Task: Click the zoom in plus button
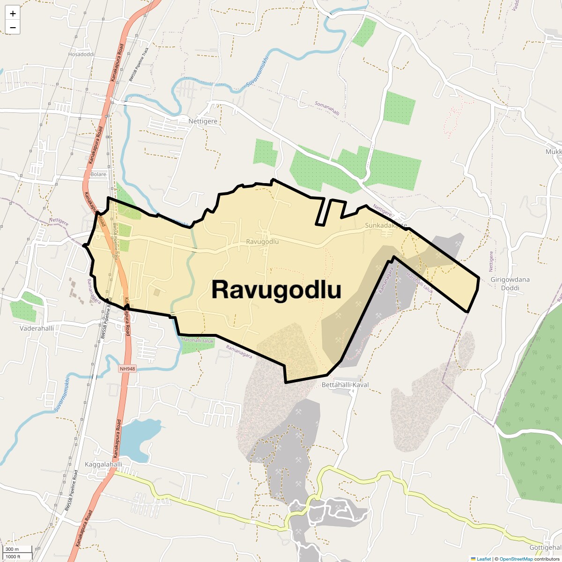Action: (13, 14)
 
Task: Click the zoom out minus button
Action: (13, 28)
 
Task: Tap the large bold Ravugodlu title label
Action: (276, 289)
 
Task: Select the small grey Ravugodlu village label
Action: (262, 242)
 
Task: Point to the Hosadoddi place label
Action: (81, 54)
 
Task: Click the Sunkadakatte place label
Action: (386, 225)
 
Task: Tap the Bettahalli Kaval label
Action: (345, 385)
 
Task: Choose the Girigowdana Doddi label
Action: (510, 283)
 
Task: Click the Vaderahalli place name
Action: (37, 328)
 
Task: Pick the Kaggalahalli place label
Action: (104, 465)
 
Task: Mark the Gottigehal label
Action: (545, 547)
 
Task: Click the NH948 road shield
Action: (127, 369)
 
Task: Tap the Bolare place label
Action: (98, 174)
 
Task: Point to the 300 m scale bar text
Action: (12, 549)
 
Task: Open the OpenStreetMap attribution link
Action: (516, 559)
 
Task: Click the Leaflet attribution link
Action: (484, 559)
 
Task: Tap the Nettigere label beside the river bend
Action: (203, 121)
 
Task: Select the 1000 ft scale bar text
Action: (13, 556)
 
